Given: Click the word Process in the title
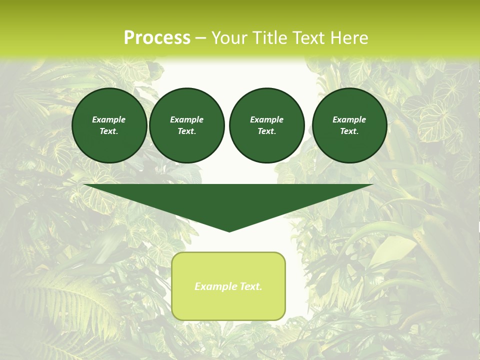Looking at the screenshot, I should pyautogui.click(x=157, y=38).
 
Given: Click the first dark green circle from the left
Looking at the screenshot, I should pyautogui.click(x=109, y=125).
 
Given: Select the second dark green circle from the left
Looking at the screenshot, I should pyautogui.click(x=187, y=125).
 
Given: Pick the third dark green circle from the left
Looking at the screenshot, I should pyautogui.click(x=266, y=125).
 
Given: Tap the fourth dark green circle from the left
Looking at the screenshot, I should pyautogui.click(x=349, y=125).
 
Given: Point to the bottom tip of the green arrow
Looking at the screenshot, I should pyautogui.click(x=229, y=230).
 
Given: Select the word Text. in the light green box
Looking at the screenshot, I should pyautogui.click(x=250, y=286).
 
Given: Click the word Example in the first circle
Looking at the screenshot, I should pyautogui.click(x=109, y=119).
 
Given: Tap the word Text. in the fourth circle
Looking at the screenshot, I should pyautogui.click(x=349, y=131).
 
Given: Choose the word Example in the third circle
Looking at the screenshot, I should pyautogui.click(x=266, y=119).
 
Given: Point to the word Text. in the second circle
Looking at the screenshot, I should pyautogui.click(x=187, y=131).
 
